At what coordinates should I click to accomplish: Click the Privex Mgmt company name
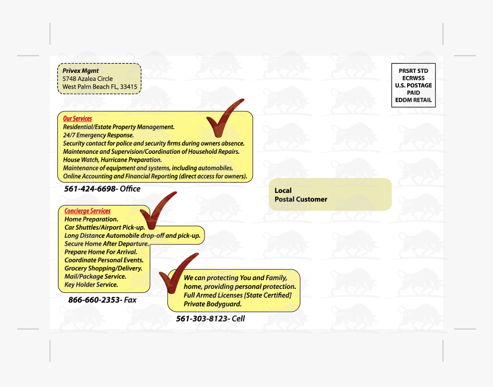pyautogui.click(x=81, y=71)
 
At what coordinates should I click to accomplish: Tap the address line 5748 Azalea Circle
pyautogui.click(x=88, y=79)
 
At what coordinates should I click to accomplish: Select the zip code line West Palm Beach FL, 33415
pyautogui.click(x=100, y=87)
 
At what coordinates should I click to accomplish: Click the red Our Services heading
pyautogui.click(x=77, y=119)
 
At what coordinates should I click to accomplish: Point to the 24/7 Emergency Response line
pyautogui.click(x=98, y=136)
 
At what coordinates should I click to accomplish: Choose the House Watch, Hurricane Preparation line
pyautogui.click(x=112, y=160)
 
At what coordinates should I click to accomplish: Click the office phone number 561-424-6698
pyautogui.click(x=90, y=189)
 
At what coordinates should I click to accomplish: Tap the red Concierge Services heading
pyautogui.click(x=87, y=211)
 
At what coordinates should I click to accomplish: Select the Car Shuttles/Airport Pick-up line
pyautogui.click(x=104, y=227)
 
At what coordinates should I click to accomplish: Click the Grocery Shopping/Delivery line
pyautogui.click(x=103, y=268)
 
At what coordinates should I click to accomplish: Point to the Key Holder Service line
pyautogui.click(x=91, y=284)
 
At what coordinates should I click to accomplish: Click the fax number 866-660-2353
pyautogui.click(x=95, y=300)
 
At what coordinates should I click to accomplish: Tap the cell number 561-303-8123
pyautogui.click(x=202, y=319)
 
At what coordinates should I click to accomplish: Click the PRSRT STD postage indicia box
pyautogui.click(x=413, y=86)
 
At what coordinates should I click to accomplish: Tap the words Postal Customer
pyautogui.click(x=301, y=199)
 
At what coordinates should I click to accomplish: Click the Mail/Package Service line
pyautogui.click(x=95, y=276)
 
